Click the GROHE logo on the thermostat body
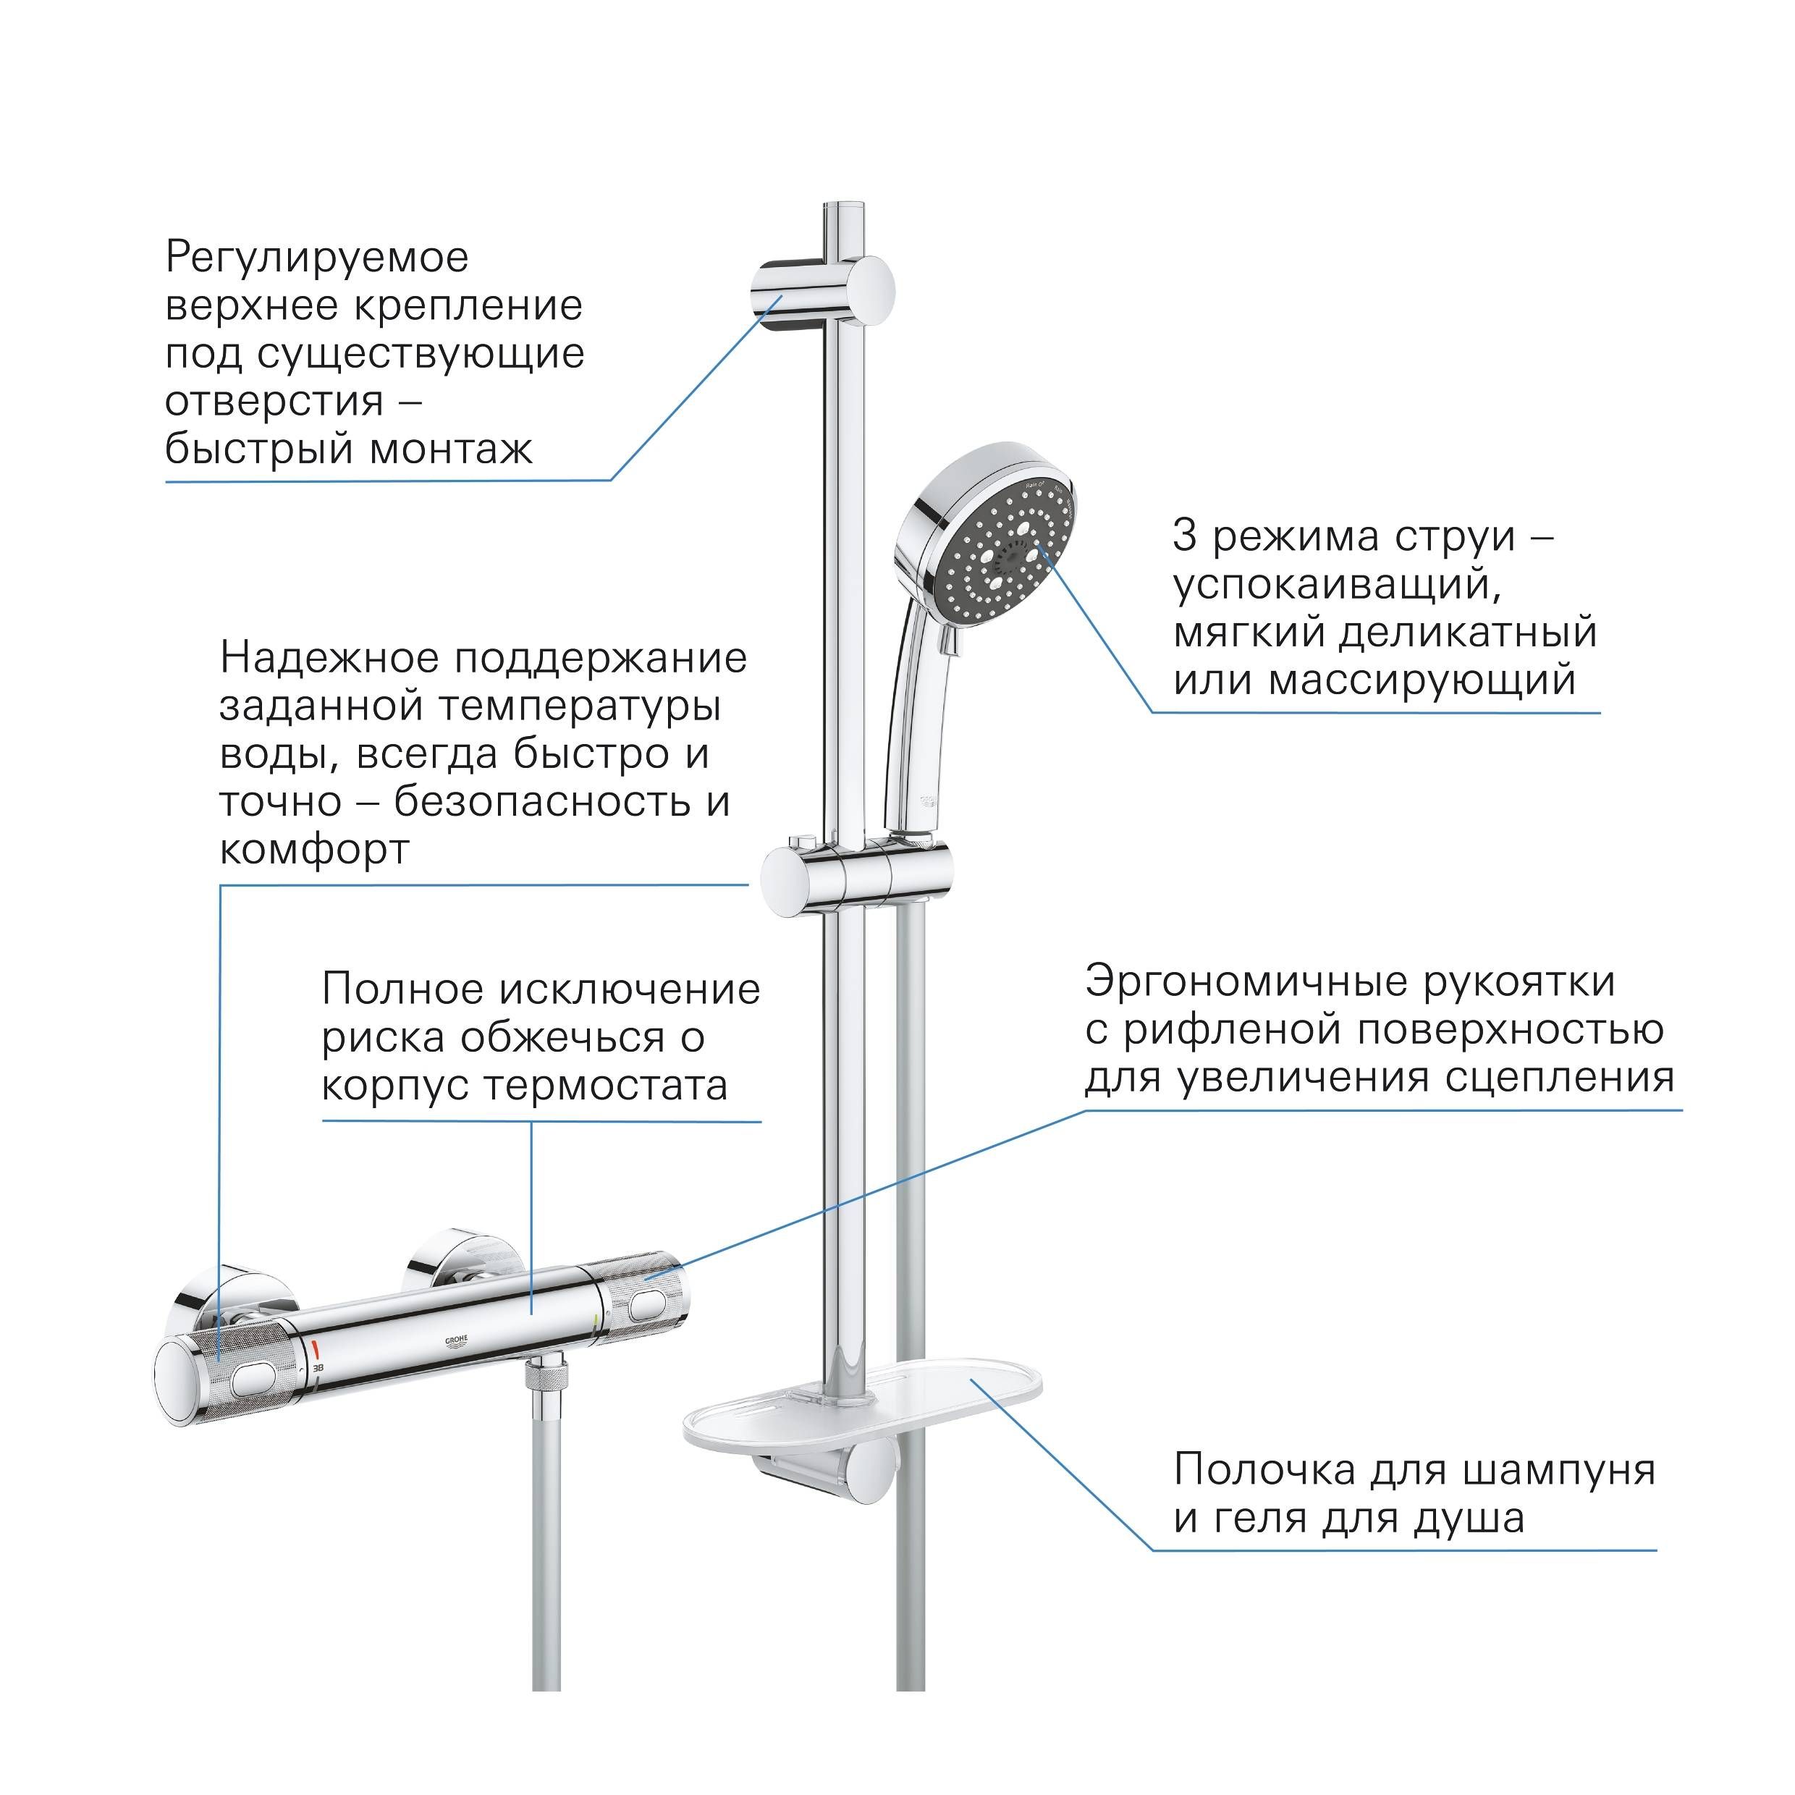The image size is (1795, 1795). pyautogui.click(x=458, y=1343)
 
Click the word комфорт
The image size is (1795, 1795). pyautogui.click(x=314, y=851)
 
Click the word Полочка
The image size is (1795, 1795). pyautogui.click(x=1264, y=1471)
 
